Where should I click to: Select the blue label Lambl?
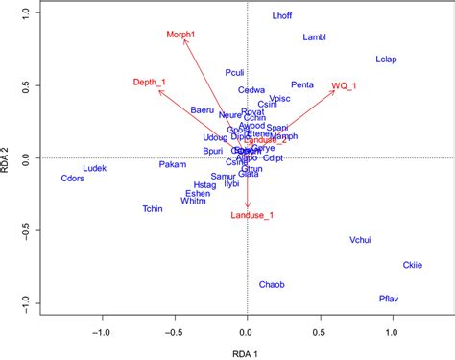(x=315, y=37)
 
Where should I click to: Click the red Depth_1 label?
(x=150, y=82)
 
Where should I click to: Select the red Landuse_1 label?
(x=252, y=215)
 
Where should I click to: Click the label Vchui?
(x=362, y=240)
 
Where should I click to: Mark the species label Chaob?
(x=273, y=284)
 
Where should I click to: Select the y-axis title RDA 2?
(x=9, y=158)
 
